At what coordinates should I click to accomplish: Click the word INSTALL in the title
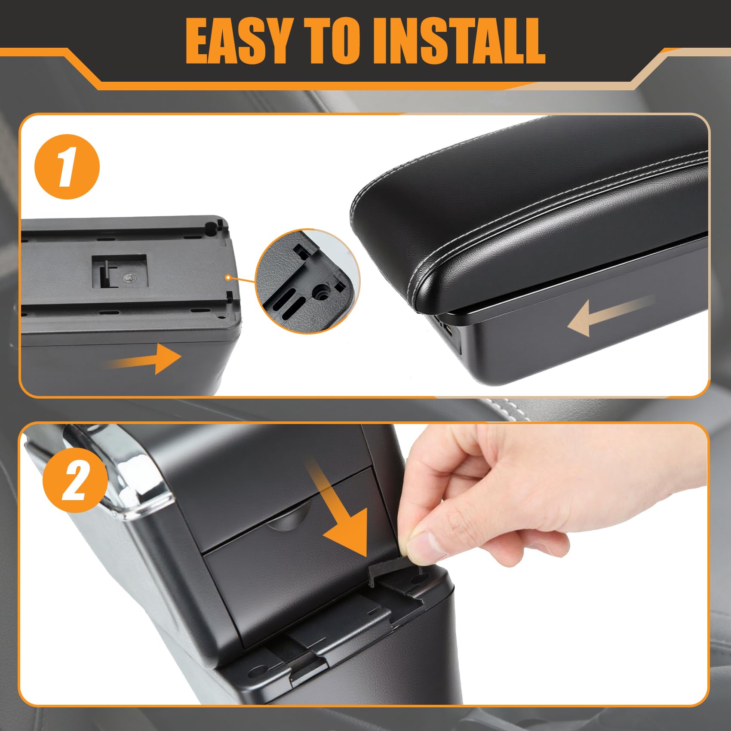point(460,41)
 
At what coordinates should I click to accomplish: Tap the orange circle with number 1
point(67,167)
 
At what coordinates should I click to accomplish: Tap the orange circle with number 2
point(75,480)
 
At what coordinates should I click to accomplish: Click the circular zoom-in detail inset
point(308,281)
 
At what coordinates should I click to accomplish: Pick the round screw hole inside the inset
point(321,292)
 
